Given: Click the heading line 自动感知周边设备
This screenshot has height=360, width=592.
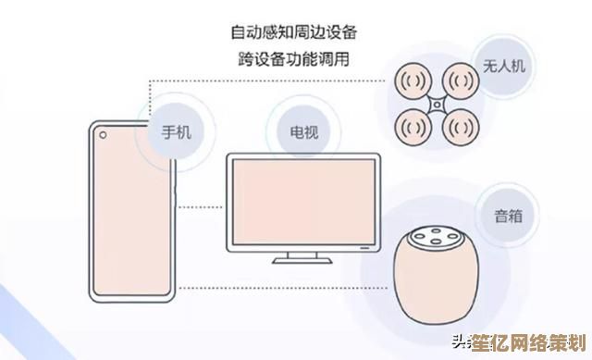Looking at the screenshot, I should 294,31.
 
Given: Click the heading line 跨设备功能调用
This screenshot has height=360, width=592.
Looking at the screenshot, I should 294,60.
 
